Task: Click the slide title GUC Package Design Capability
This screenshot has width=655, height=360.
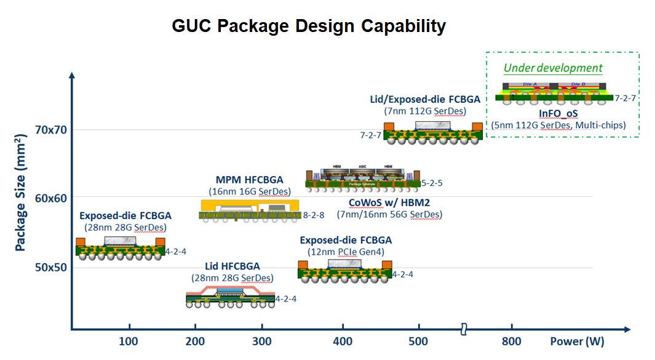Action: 308,26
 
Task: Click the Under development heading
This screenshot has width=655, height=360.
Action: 553,68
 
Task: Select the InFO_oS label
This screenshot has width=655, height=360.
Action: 558,114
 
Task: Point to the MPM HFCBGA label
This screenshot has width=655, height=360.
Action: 249,180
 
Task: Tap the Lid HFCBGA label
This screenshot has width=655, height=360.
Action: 231,266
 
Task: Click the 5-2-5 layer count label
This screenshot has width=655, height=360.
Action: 434,183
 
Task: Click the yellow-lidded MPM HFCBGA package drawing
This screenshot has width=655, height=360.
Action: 250,209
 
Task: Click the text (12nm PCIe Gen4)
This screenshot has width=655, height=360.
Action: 345,252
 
